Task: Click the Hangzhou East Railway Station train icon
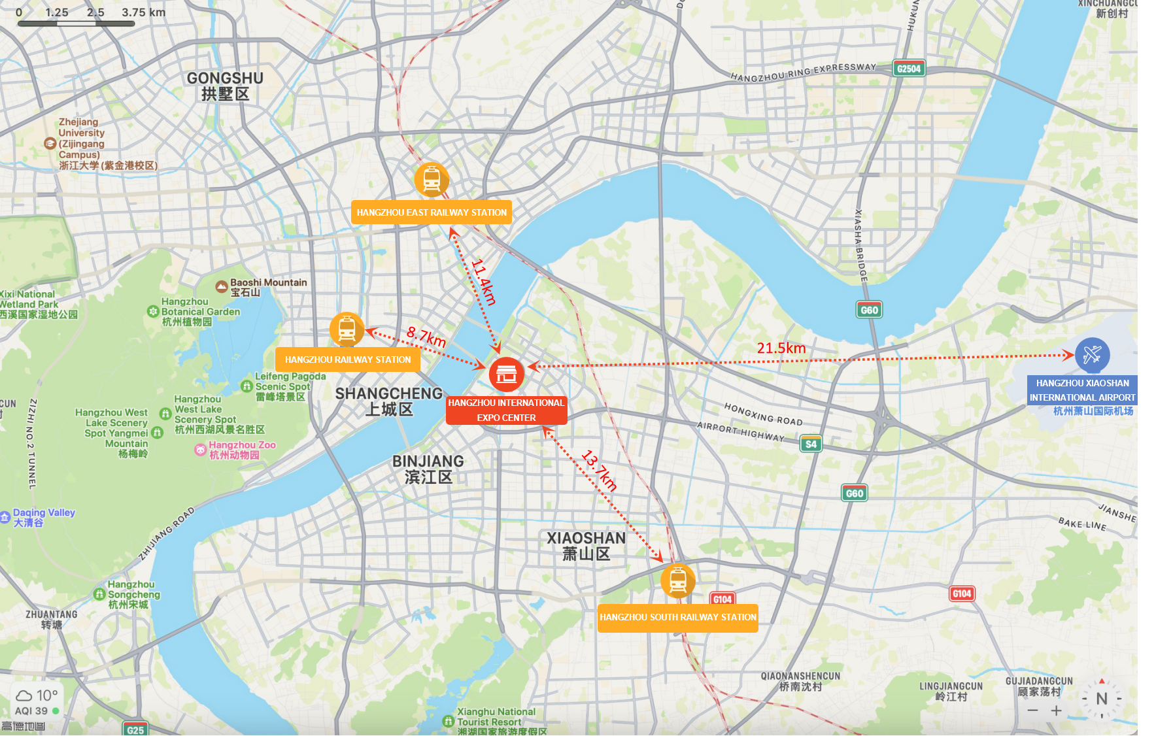432,180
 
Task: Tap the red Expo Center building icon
507,375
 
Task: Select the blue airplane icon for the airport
1092,355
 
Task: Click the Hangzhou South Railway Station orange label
677,617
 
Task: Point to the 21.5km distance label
781,348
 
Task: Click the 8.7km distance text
426,337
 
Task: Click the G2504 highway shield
909,69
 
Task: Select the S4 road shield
811,444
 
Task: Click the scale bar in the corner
76,24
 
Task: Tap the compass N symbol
1102,699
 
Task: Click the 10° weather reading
46,695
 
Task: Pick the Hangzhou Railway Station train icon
347,329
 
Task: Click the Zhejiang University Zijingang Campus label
82,144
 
